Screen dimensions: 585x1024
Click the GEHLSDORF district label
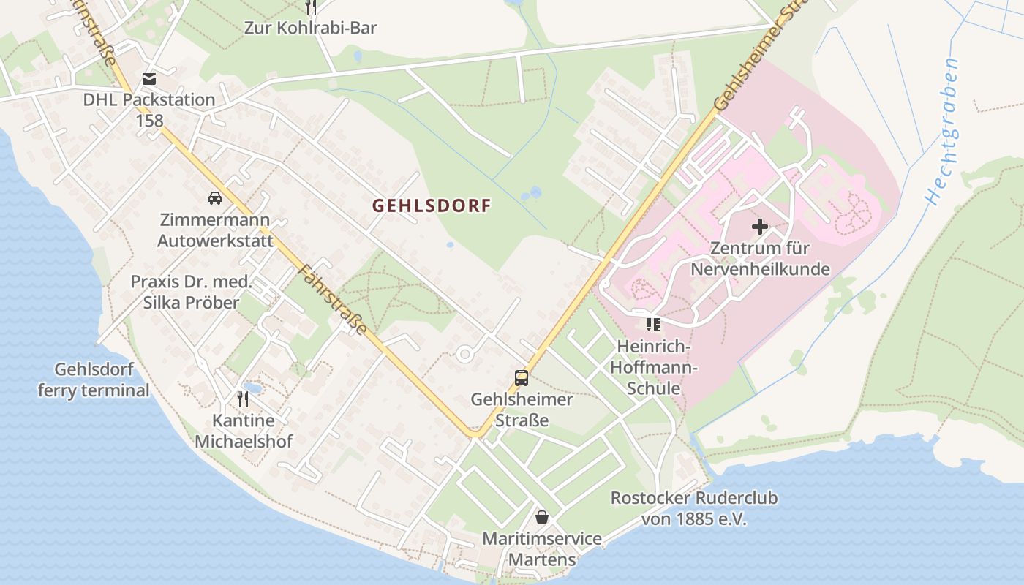point(431,205)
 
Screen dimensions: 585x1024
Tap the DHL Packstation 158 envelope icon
point(149,79)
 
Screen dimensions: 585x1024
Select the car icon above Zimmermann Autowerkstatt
point(215,197)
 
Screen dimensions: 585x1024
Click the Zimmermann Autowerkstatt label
point(215,230)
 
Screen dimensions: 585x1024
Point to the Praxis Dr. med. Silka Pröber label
point(191,292)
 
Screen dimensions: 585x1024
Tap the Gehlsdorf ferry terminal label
point(94,380)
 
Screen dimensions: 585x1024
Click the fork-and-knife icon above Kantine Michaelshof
point(243,399)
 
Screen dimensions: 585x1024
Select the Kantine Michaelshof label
point(243,431)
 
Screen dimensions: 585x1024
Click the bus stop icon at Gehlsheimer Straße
point(522,378)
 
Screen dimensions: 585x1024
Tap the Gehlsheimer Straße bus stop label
point(522,409)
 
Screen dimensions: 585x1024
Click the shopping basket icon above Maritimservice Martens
point(542,517)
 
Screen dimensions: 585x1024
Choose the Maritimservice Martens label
point(542,549)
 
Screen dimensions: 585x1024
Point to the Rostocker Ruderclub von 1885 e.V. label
point(693,508)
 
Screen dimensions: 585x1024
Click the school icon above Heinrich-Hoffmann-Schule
point(652,324)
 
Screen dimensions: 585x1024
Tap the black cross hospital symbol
point(760,227)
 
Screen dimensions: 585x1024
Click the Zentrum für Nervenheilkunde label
point(760,259)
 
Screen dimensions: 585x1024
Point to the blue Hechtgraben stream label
point(942,132)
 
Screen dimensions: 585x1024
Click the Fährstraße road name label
point(332,299)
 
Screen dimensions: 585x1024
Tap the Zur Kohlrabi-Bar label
point(311,28)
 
